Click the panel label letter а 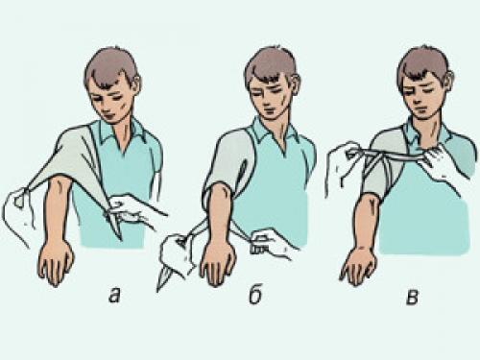coord(114,296)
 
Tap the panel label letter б coord(255,294)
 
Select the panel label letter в coord(412,297)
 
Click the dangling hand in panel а coord(56,263)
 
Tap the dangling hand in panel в coord(358,264)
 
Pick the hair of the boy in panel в coord(423,64)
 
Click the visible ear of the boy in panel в coord(449,81)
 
